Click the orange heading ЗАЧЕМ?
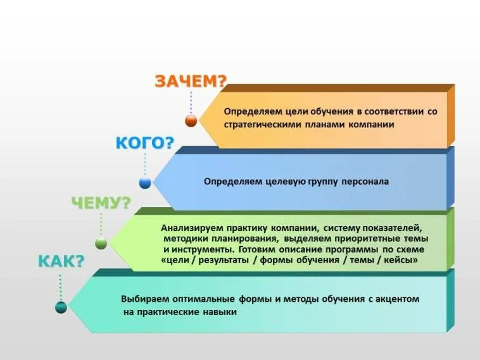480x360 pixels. tap(191, 82)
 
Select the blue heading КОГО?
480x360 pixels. tap(144, 143)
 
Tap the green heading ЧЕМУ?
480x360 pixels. tap(101, 203)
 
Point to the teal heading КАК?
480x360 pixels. tap(61, 262)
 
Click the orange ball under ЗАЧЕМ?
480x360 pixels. tap(191, 121)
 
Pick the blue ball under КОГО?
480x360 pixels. tap(145, 183)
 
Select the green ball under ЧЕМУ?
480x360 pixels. tap(101, 243)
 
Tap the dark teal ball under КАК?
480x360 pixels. tap(61, 307)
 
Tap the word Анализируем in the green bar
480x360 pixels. tap(190, 227)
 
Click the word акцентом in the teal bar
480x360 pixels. tap(397, 299)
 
